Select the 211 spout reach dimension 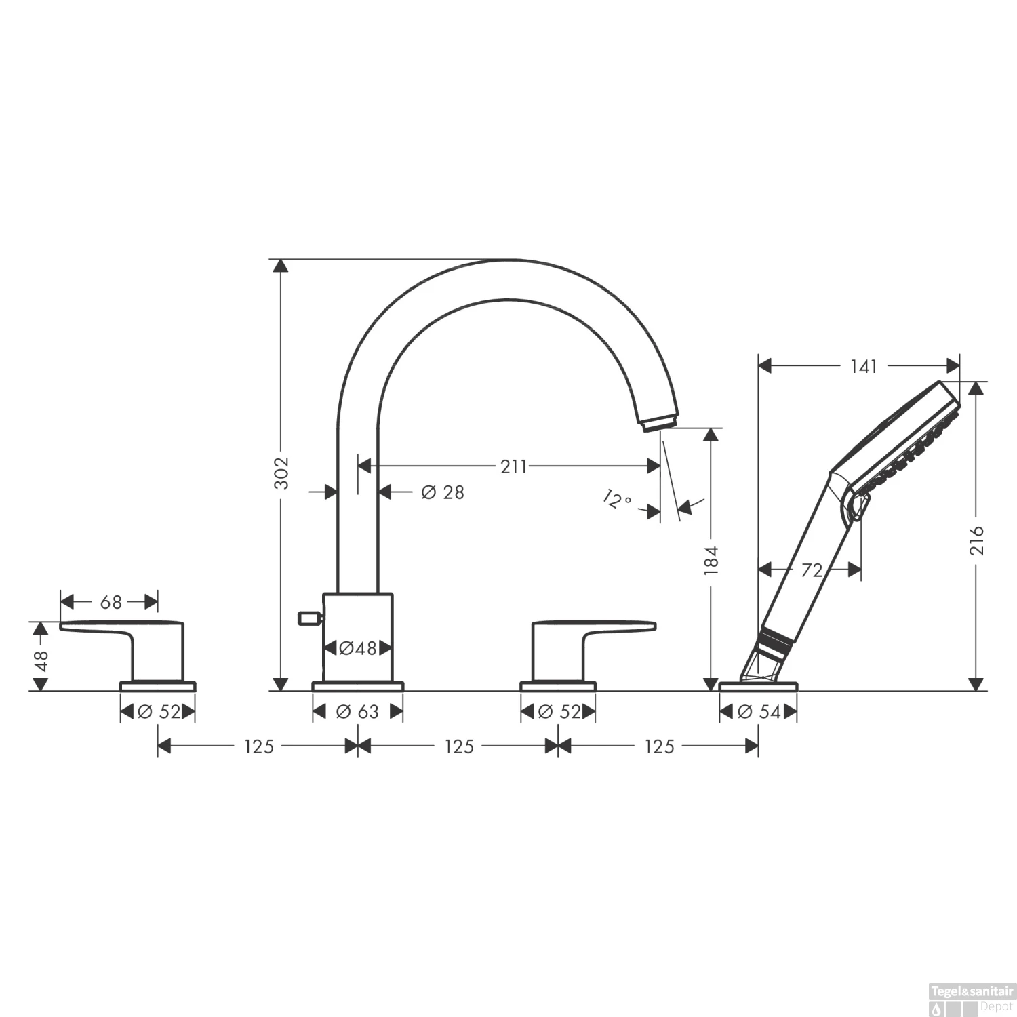point(513,466)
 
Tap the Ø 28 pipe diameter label point(443,492)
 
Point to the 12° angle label point(616,500)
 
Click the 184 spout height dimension point(711,560)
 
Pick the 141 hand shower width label point(864,366)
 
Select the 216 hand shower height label point(976,540)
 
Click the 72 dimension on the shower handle point(811,570)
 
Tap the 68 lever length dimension point(111,601)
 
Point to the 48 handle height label point(41,660)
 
